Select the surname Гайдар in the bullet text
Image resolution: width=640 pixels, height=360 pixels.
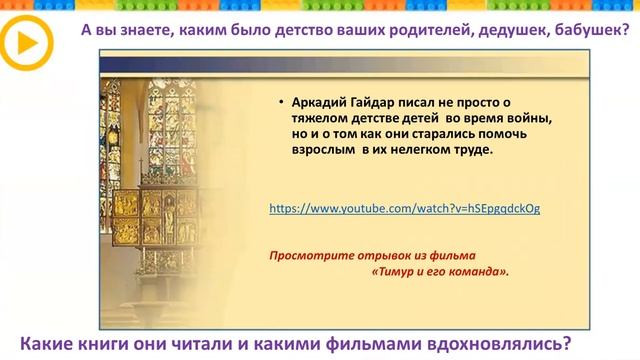click(373, 102)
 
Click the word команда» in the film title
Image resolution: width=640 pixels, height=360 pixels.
click(477, 271)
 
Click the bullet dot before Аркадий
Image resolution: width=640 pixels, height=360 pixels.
click(282, 102)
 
